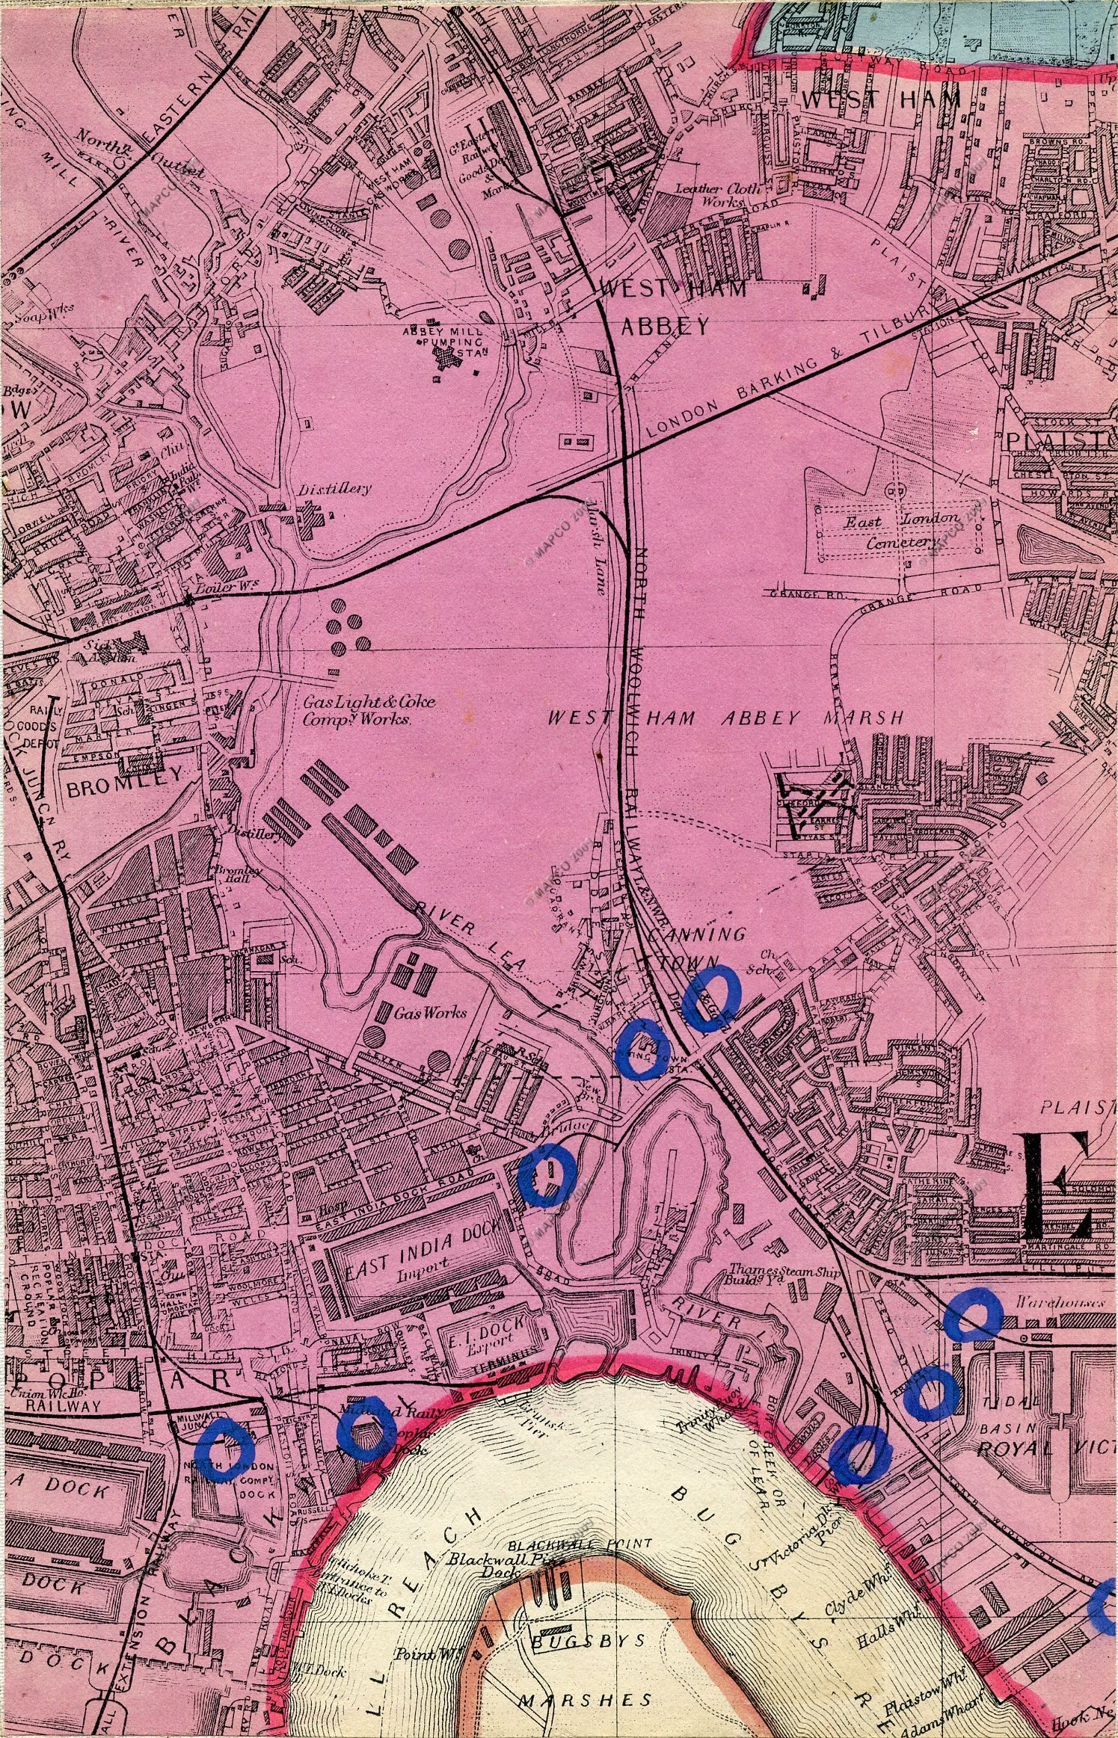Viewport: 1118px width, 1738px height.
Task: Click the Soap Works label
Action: [26, 315]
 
